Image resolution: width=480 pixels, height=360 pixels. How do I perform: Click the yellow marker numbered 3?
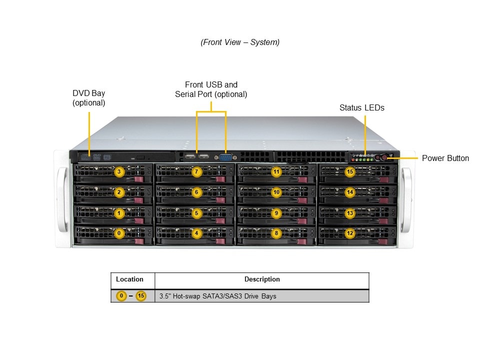click(119, 172)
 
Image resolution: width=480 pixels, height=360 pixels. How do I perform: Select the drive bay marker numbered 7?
click(196, 172)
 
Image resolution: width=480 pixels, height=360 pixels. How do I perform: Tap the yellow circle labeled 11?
click(276, 172)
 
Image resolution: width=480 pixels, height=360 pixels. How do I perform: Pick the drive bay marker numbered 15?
click(350, 172)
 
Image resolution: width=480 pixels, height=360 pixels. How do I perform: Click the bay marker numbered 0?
click(119, 233)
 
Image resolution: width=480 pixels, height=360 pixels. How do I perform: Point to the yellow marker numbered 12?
click(350, 233)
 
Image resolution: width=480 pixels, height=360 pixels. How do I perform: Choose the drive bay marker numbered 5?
click(196, 213)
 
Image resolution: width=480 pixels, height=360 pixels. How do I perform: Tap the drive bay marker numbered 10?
click(276, 192)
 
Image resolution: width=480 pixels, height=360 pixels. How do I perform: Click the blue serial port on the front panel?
click(226, 156)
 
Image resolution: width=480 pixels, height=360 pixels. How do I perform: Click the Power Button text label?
click(445, 158)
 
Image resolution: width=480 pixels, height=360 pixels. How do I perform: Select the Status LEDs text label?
click(361, 107)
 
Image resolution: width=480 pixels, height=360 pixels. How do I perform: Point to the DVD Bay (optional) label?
click(88, 98)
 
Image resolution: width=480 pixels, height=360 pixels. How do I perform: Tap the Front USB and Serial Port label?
click(211, 89)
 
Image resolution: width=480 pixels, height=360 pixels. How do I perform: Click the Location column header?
click(129, 279)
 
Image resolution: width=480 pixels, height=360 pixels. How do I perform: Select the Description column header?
click(262, 279)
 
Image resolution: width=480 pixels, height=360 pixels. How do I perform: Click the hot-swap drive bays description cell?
click(217, 296)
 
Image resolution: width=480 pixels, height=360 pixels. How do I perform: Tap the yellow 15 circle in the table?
click(141, 296)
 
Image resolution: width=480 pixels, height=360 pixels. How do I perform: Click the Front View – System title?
click(240, 42)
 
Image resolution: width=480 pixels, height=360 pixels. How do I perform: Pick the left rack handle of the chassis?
click(61, 200)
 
